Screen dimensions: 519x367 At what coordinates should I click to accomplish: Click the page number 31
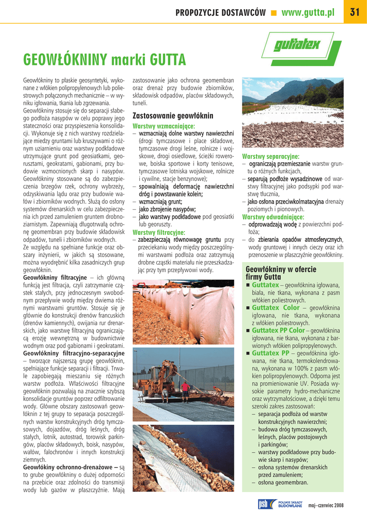[355, 13]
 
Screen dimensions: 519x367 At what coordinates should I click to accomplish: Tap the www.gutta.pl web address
[308, 13]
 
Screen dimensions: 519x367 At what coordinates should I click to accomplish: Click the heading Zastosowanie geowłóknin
[173, 116]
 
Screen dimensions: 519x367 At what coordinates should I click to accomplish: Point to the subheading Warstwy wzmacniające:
[164, 126]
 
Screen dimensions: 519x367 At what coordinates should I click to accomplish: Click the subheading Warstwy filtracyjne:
[159, 232]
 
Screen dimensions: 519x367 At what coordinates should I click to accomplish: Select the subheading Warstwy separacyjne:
[270, 157]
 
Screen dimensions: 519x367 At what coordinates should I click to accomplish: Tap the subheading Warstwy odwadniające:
[273, 217]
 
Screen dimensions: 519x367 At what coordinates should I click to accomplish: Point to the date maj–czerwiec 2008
[326, 505]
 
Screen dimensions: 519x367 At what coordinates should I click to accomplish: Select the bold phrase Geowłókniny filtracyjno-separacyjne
[74, 353]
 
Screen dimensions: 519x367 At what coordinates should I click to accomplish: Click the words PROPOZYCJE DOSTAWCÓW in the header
[221, 13]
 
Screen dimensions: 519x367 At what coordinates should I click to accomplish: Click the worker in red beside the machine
[186, 389]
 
